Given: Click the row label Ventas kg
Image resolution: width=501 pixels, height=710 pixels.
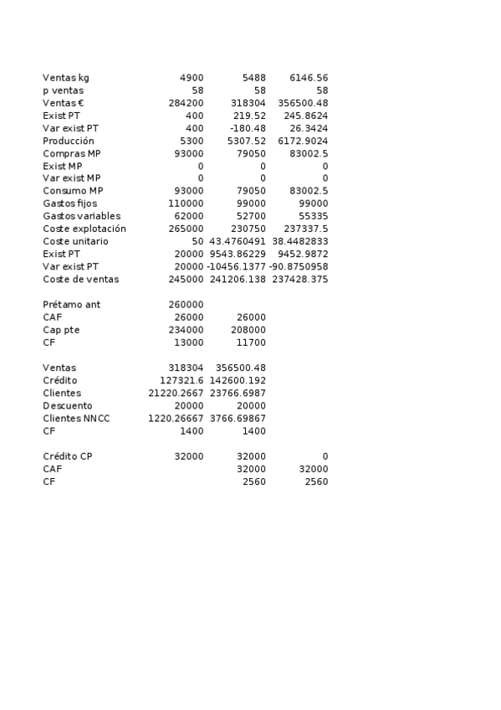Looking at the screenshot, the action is point(66,78).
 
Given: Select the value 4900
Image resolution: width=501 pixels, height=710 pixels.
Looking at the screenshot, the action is point(192,78).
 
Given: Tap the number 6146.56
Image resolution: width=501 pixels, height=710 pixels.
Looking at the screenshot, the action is point(309,78).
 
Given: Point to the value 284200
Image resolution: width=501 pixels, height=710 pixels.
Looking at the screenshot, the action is point(186,103).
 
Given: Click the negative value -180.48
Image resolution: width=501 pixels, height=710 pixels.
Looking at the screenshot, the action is point(248,128).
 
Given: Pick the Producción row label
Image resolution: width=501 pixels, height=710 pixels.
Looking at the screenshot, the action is point(69,141).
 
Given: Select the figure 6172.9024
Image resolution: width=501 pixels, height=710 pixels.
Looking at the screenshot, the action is point(303,141).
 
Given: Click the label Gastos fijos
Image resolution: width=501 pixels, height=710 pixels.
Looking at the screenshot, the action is point(70,203).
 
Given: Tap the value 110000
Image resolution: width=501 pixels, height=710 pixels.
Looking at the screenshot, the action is point(186,203).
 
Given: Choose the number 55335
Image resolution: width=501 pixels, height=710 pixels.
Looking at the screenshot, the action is point(314,216).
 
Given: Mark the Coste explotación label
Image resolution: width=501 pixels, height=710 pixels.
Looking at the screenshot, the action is point(84,229).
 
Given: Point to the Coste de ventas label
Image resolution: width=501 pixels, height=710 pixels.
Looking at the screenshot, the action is point(81,279).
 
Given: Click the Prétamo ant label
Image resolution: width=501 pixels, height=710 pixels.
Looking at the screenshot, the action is point(72,305).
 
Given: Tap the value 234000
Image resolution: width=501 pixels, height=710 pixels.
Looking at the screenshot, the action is point(186,330).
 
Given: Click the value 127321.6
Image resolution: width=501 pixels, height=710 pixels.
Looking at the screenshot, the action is point(181,380).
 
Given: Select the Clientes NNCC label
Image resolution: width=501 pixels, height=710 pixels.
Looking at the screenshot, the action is point(76,418).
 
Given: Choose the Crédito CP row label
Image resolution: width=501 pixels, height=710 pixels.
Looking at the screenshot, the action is point(68,456).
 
